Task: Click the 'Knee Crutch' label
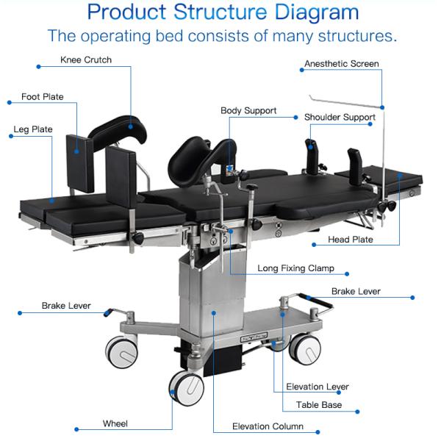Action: (86, 60)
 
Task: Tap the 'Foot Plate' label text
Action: (43, 97)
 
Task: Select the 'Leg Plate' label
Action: (33, 129)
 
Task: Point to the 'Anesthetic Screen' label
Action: (342, 64)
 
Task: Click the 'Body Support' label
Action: (248, 111)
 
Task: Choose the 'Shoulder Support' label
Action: (340, 118)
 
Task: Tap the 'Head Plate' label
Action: (351, 240)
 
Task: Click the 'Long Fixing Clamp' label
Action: (296, 268)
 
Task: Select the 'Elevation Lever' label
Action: (318, 387)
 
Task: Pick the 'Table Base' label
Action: (319, 405)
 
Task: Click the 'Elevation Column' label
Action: (268, 426)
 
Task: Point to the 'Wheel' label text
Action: (115, 423)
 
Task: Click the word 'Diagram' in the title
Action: (317, 12)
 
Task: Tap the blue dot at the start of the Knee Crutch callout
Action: (38, 67)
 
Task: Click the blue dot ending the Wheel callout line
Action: (76, 429)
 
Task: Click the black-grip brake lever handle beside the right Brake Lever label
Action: (316, 301)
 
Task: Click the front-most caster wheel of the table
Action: (187, 388)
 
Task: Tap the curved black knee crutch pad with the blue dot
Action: (118, 132)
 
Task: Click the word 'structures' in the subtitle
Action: (357, 36)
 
